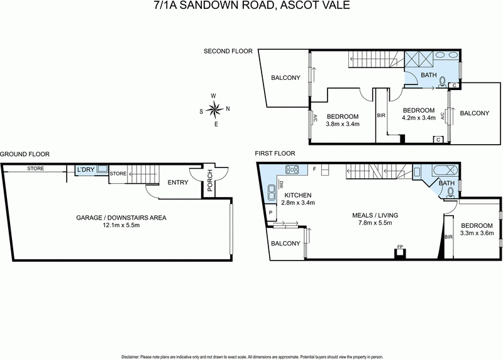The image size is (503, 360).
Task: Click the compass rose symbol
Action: pyautogui.click(x=214, y=110)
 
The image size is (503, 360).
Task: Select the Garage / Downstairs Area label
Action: pyautogui.click(x=121, y=218)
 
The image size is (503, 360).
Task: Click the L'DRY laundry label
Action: pyautogui.click(x=84, y=171)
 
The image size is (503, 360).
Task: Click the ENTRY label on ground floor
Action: pyautogui.click(x=178, y=183)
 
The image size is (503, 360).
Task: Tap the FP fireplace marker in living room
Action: pyautogui.click(x=399, y=246)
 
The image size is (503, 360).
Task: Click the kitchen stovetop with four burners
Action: pyautogui.click(x=292, y=169)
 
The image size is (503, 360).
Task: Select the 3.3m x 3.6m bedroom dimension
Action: pyautogui.click(x=477, y=233)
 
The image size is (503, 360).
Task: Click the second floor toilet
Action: pyautogui.click(x=443, y=81)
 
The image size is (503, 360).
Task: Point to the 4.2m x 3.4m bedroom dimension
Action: pyautogui.click(x=418, y=117)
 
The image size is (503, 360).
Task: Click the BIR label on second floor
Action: pyautogui.click(x=381, y=116)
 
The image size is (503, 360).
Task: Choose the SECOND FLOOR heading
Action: pyautogui.click(x=228, y=51)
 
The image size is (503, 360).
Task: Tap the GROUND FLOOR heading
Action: pyautogui.click(x=25, y=154)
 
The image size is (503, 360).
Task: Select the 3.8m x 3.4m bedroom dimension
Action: pyautogui.click(x=343, y=123)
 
